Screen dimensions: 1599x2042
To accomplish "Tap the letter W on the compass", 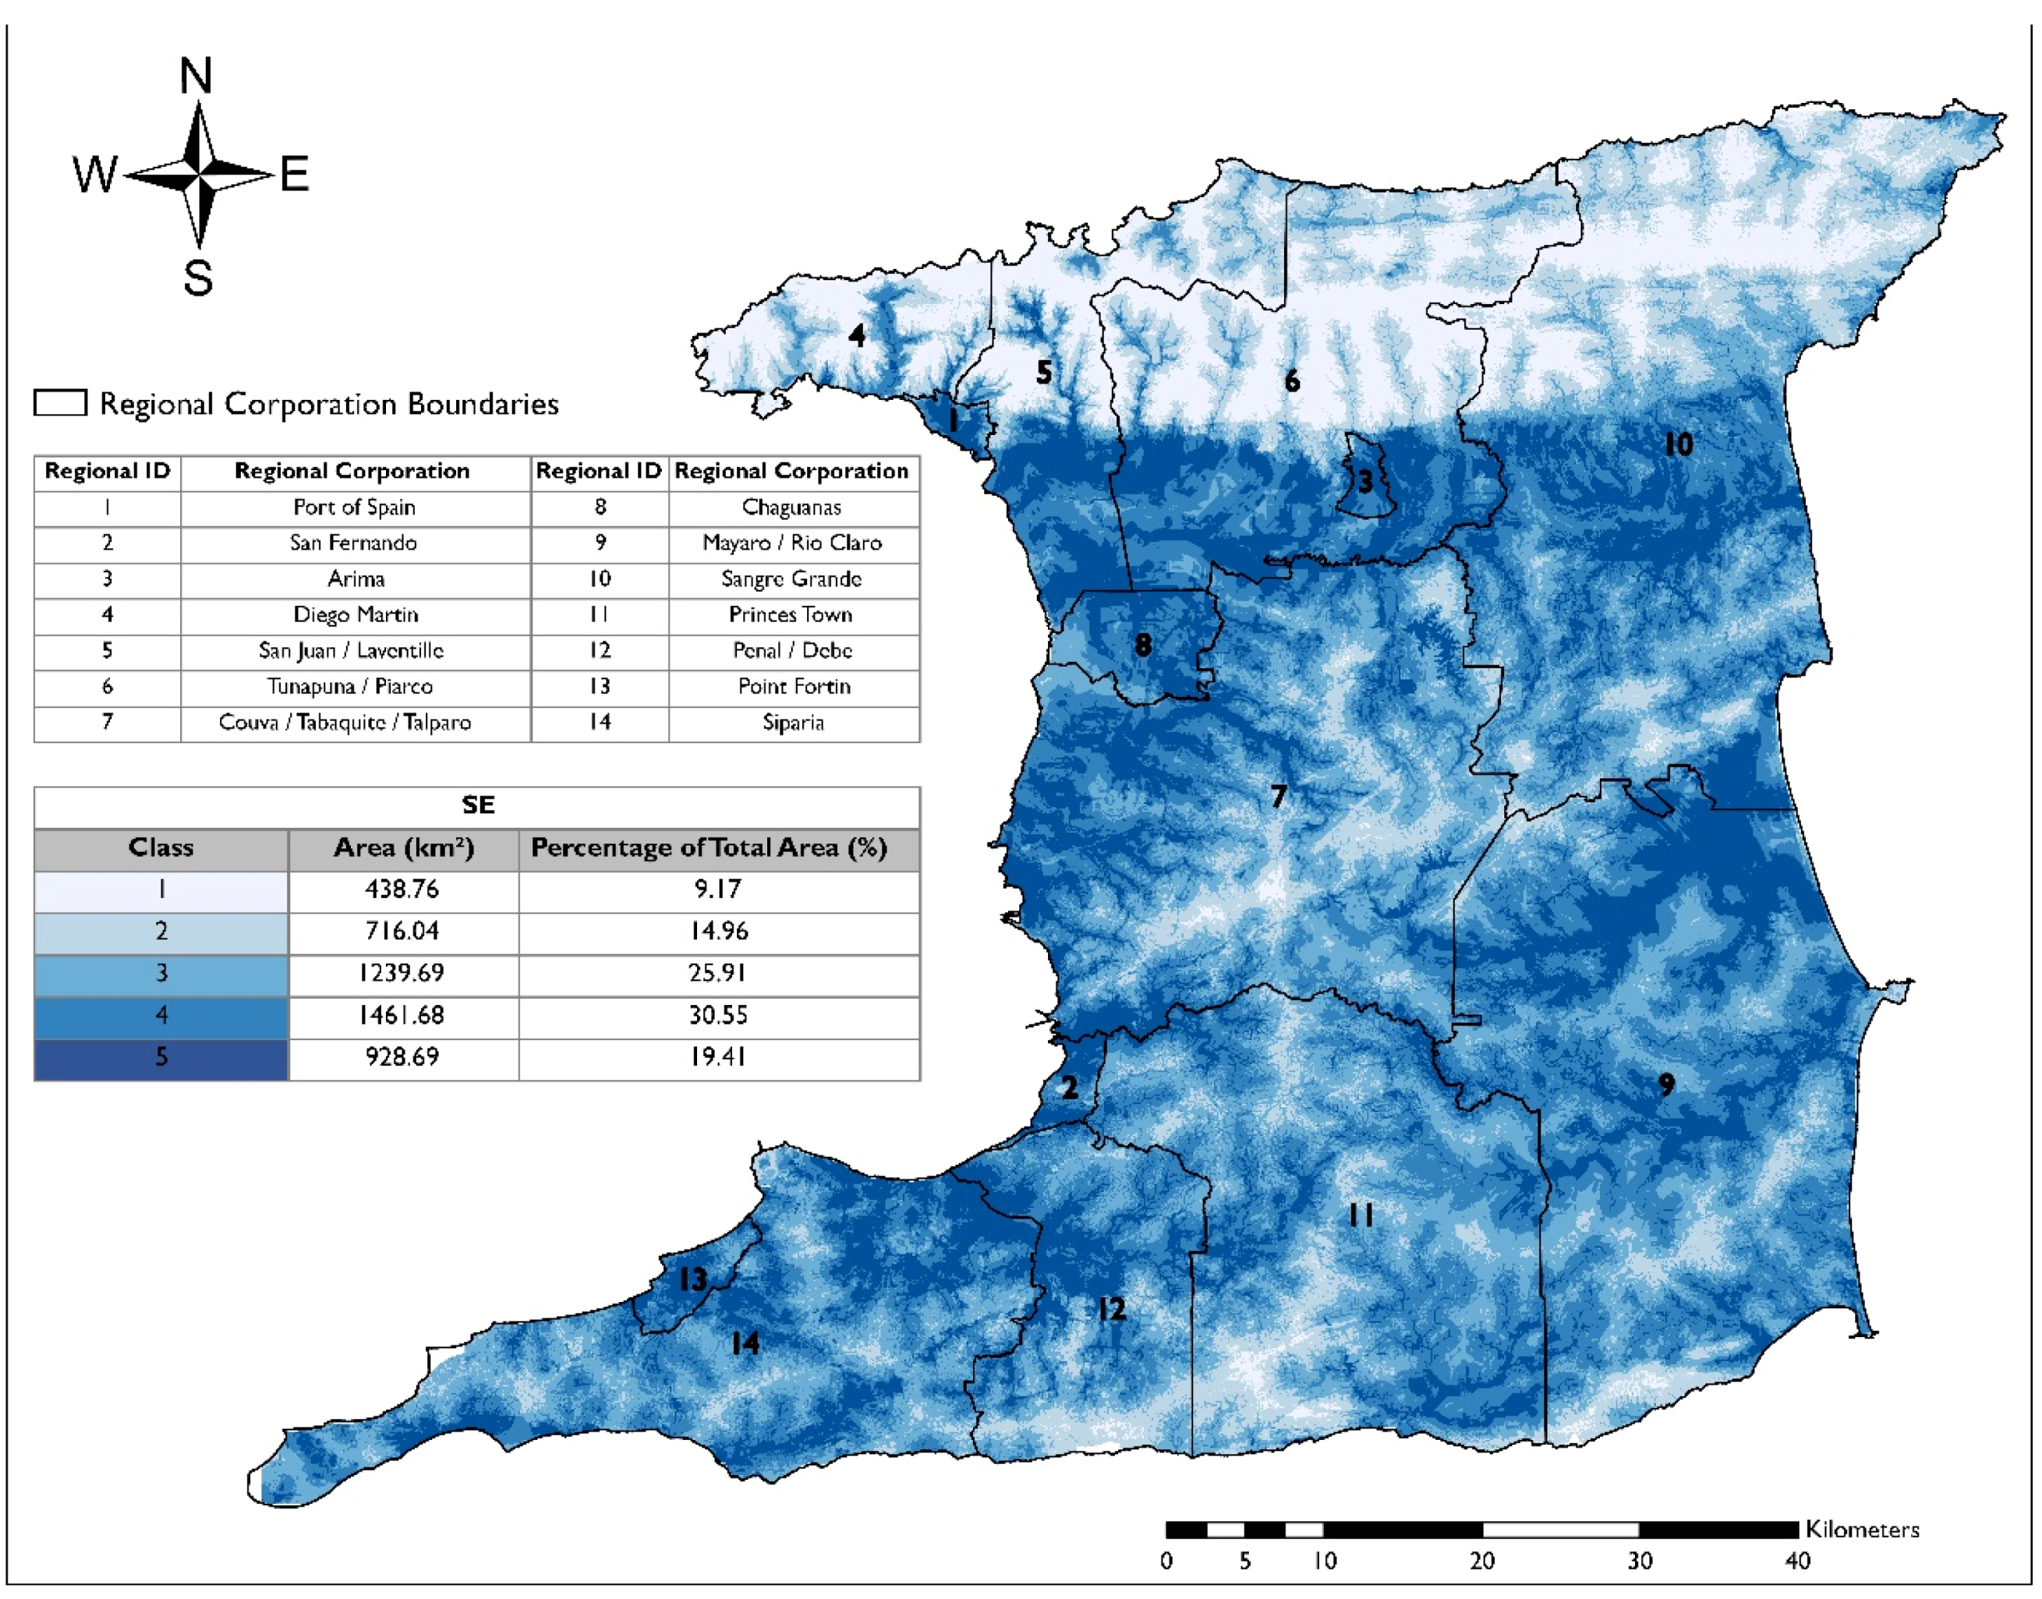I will pos(94,174).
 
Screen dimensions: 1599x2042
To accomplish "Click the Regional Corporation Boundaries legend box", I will pos(61,402).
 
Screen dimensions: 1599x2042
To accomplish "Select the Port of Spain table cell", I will pos(354,508).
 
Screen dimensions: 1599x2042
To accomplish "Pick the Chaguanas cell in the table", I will pos(791,508).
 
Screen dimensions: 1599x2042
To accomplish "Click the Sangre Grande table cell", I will pos(791,578).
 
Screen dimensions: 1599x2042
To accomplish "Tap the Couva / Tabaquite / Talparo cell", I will pos(345,722).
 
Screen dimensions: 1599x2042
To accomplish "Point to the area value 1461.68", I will pos(402,1015).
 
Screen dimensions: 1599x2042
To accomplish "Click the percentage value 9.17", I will pos(717,889).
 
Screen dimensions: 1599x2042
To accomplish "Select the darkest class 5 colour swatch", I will pos(161,1058).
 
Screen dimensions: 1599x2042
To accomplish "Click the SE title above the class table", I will pos(477,805).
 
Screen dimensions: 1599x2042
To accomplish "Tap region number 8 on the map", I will pos(1142,644).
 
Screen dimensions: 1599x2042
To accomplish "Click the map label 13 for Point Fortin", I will pos(693,1279).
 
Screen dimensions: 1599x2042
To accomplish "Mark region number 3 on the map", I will pos(1365,482).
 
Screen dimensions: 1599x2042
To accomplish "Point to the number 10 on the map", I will pos(1678,444).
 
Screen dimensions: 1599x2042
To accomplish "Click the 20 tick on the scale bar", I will pos(1481,1561).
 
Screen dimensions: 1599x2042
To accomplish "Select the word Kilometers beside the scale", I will pos(1861,1530).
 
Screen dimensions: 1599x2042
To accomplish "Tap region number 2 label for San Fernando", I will pos(1068,1087).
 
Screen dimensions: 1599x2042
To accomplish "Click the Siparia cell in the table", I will pos(793,722).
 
